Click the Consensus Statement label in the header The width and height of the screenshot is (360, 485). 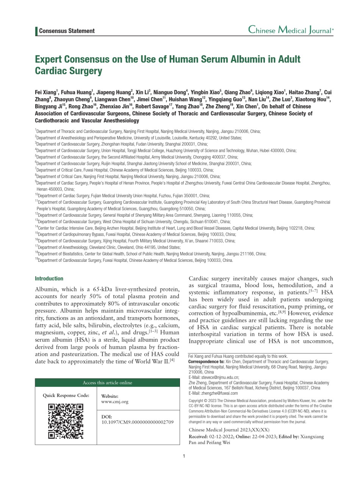tap(67, 31)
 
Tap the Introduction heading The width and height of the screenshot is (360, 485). tap(49, 278)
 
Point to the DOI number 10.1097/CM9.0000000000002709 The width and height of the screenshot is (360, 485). tap(138, 422)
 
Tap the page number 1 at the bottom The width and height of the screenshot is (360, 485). tap(184, 456)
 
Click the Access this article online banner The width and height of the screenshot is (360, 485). tap(107, 383)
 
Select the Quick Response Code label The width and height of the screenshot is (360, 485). tap(66, 396)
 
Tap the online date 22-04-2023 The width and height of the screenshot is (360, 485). tap(263, 436)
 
